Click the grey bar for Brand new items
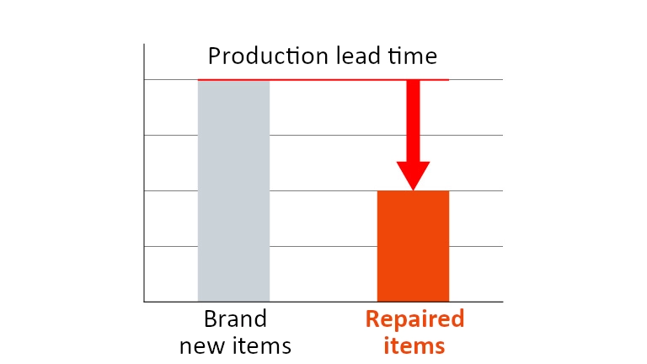point(233,190)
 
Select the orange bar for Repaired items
point(413,246)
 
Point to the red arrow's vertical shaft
point(413,121)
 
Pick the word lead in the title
point(358,56)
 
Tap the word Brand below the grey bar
point(235,319)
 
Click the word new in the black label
point(201,346)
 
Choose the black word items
point(260,345)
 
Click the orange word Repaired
point(414,320)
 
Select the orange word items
point(414,345)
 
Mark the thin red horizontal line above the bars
point(323,80)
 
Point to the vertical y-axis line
point(144,173)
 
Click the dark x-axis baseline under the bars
point(323,302)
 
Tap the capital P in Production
point(215,56)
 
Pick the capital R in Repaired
point(372,319)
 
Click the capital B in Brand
point(211,319)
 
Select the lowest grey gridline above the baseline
point(323,246)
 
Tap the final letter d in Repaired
point(457,319)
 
